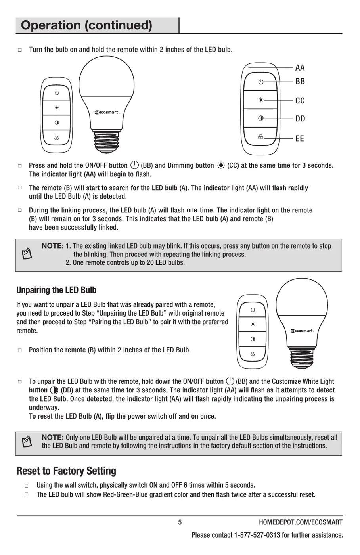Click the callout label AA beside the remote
coord(300,68)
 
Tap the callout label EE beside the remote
coord(300,138)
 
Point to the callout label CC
coord(300,101)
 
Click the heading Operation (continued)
coord(86,25)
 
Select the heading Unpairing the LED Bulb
coord(56,290)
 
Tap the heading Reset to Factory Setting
coord(66,471)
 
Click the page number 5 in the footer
coord(180,522)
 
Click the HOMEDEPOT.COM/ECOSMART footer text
coord(301,522)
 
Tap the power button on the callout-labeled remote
coord(260,82)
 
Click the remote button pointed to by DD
coord(260,118)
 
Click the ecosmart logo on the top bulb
coord(107,113)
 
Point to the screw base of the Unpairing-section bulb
coord(302,357)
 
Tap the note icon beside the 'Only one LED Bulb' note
coord(27,442)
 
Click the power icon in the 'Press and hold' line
coord(134,165)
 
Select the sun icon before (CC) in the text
coord(221,166)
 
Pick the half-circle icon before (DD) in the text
coord(54,390)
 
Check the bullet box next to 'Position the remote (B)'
coord(20,350)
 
